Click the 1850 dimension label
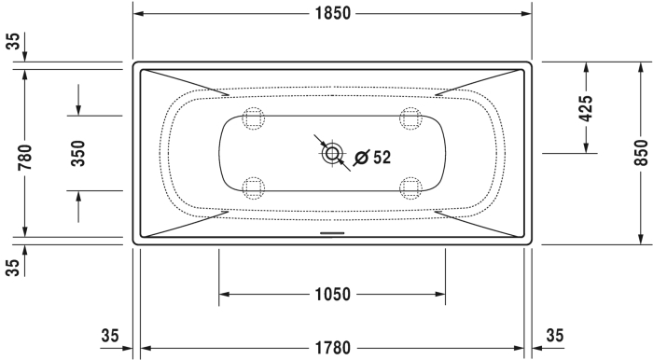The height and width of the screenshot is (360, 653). tap(333, 13)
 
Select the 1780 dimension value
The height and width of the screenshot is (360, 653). tap(333, 348)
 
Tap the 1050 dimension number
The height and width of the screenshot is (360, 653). tap(333, 294)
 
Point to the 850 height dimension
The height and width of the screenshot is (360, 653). tap(642, 153)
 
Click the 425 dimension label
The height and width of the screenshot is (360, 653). tap(586, 108)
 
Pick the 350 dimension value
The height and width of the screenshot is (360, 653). tap(77, 153)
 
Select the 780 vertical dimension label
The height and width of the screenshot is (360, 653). tap(25, 157)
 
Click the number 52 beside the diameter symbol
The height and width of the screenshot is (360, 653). tap(382, 158)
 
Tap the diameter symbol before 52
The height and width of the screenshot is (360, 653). tap(362, 158)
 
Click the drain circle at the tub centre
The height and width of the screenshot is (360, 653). tap(332, 154)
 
